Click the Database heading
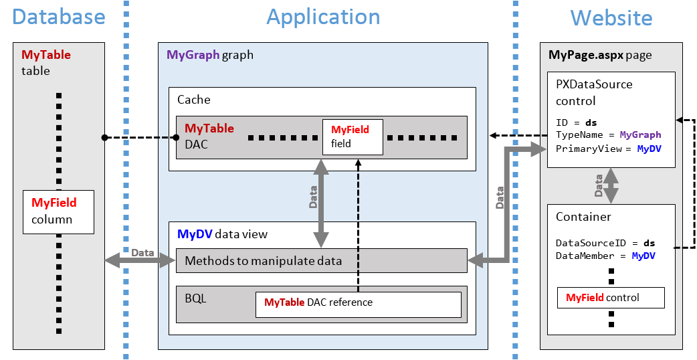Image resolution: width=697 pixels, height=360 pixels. point(58,17)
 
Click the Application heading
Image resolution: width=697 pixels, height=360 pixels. point(323,17)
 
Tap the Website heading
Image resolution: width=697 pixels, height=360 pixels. point(611,17)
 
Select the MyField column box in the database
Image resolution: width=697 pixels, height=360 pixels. point(58,211)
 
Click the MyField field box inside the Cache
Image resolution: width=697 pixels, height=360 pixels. point(353,137)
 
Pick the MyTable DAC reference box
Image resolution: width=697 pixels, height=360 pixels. point(359,304)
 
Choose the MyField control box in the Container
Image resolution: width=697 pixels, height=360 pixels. point(611,298)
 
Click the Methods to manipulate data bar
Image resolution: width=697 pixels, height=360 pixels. point(321,261)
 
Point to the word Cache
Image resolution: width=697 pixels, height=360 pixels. point(194,100)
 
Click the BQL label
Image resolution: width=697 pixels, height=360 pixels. point(196,298)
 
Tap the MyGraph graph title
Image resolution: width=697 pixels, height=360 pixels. point(210,55)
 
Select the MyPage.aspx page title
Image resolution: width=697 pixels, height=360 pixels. point(600,55)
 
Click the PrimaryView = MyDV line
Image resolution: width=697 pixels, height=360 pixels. point(608,149)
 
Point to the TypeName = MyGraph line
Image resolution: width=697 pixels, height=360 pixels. point(608,135)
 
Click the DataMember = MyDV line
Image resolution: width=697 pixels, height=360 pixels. point(605,256)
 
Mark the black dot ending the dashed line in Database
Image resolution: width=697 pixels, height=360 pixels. point(104,138)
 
